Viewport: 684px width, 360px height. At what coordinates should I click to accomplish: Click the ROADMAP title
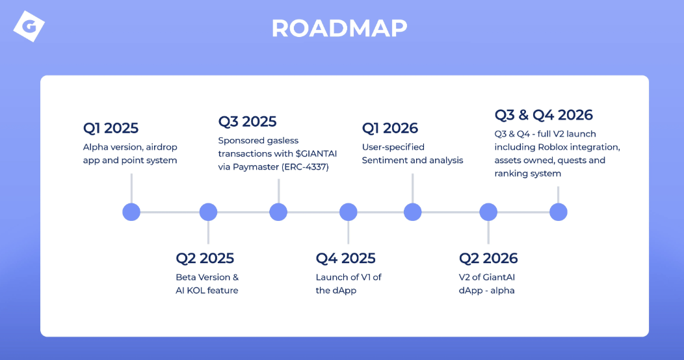tap(339, 28)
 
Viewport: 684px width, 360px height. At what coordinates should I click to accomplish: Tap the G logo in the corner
tap(28, 27)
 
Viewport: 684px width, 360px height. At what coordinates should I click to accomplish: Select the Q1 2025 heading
tap(111, 128)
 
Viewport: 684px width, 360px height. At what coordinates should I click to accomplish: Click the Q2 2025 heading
tap(205, 258)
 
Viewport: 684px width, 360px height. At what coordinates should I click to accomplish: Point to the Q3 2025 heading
tap(247, 122)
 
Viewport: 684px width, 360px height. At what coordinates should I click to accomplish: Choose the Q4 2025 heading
tap(345, 258)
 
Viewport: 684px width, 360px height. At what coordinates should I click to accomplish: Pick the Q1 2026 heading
tap(390, 128)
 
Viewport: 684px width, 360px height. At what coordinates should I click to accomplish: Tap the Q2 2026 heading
tap(488, 258)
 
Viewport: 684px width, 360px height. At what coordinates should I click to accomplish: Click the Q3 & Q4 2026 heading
tap(544, 115)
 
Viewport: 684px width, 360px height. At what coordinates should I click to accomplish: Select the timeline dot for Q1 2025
tap(131, 212)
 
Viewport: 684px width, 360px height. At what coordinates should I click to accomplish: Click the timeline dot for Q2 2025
tap(208, 212)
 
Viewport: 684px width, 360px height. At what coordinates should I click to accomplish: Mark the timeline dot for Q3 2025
tap(278, 212)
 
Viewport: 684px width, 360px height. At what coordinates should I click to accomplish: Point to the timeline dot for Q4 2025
tap(349, 212)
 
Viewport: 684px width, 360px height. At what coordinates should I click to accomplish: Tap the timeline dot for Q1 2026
tap(413, 212)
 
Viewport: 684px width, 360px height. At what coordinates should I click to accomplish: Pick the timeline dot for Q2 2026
tap(488, 212)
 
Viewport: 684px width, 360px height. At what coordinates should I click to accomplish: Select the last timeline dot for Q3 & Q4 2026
tap(559, 212)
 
